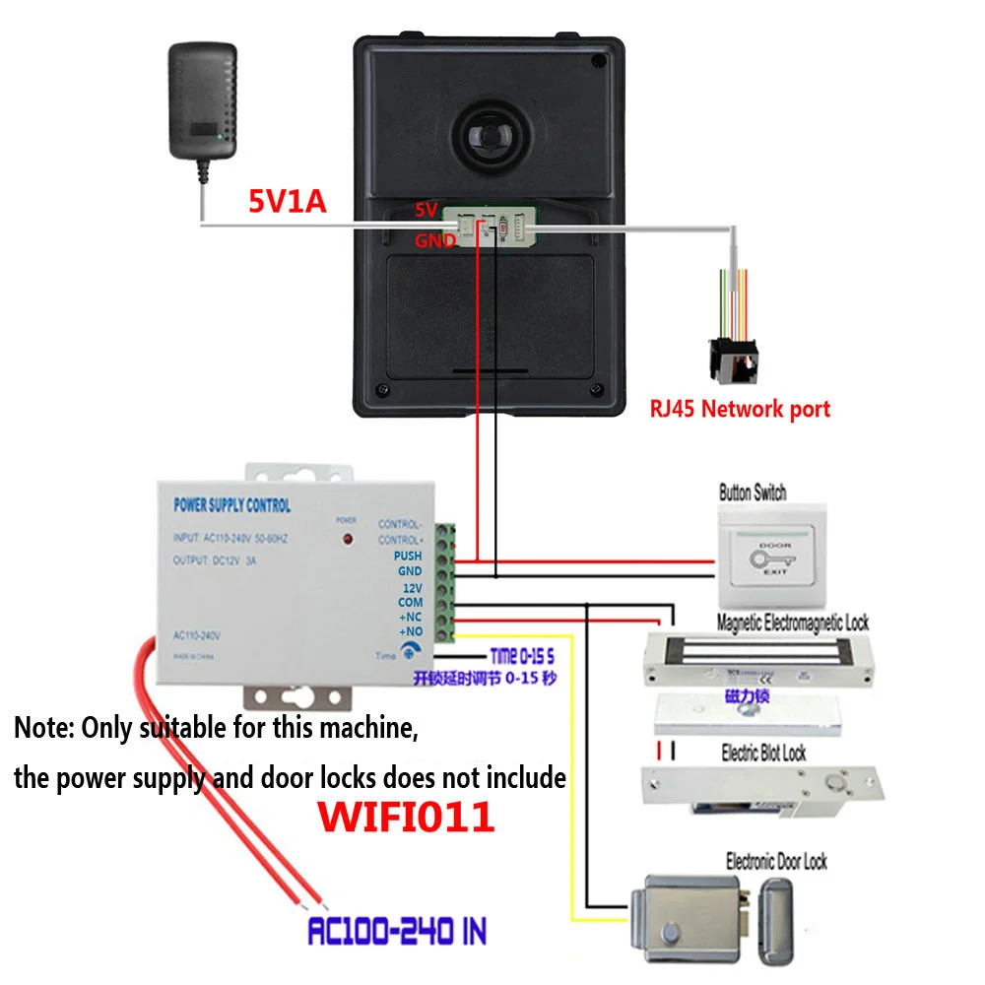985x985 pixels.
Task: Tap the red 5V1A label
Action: pyautogui.click(x=286, y=202)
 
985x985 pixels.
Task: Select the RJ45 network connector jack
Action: pyautogui.click(x=730, y=361)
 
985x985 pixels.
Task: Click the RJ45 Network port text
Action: pyautogui.click(x=739, y=409)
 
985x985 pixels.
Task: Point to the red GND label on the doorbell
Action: pyautogui.click(x=433, y=239)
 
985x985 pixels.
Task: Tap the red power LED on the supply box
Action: pyautogui.click(x=347, y=540)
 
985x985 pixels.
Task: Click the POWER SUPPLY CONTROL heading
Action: pyautogui.click(x=232, y=505)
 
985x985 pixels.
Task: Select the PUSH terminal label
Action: pyautogui.click(x=408, y=556)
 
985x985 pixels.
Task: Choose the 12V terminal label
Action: pyautogui.click(x=411, y=587)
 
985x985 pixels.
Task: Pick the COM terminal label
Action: pyautogui.click(x=410, y=602)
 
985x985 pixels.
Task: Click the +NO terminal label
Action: pyautogui.click(x=410, y=630)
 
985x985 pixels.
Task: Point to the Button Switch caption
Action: pyautogui.click(x=753, y=492)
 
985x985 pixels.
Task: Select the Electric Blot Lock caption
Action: pyautogui.click(x=763, y=754)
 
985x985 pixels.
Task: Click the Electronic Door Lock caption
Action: pyautogui.click(x=776, y=862)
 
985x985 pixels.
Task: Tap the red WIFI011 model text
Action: pyautogui.click(x=405, y=817)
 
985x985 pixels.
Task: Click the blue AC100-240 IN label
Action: pyautogui.click(x=397, y=931)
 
